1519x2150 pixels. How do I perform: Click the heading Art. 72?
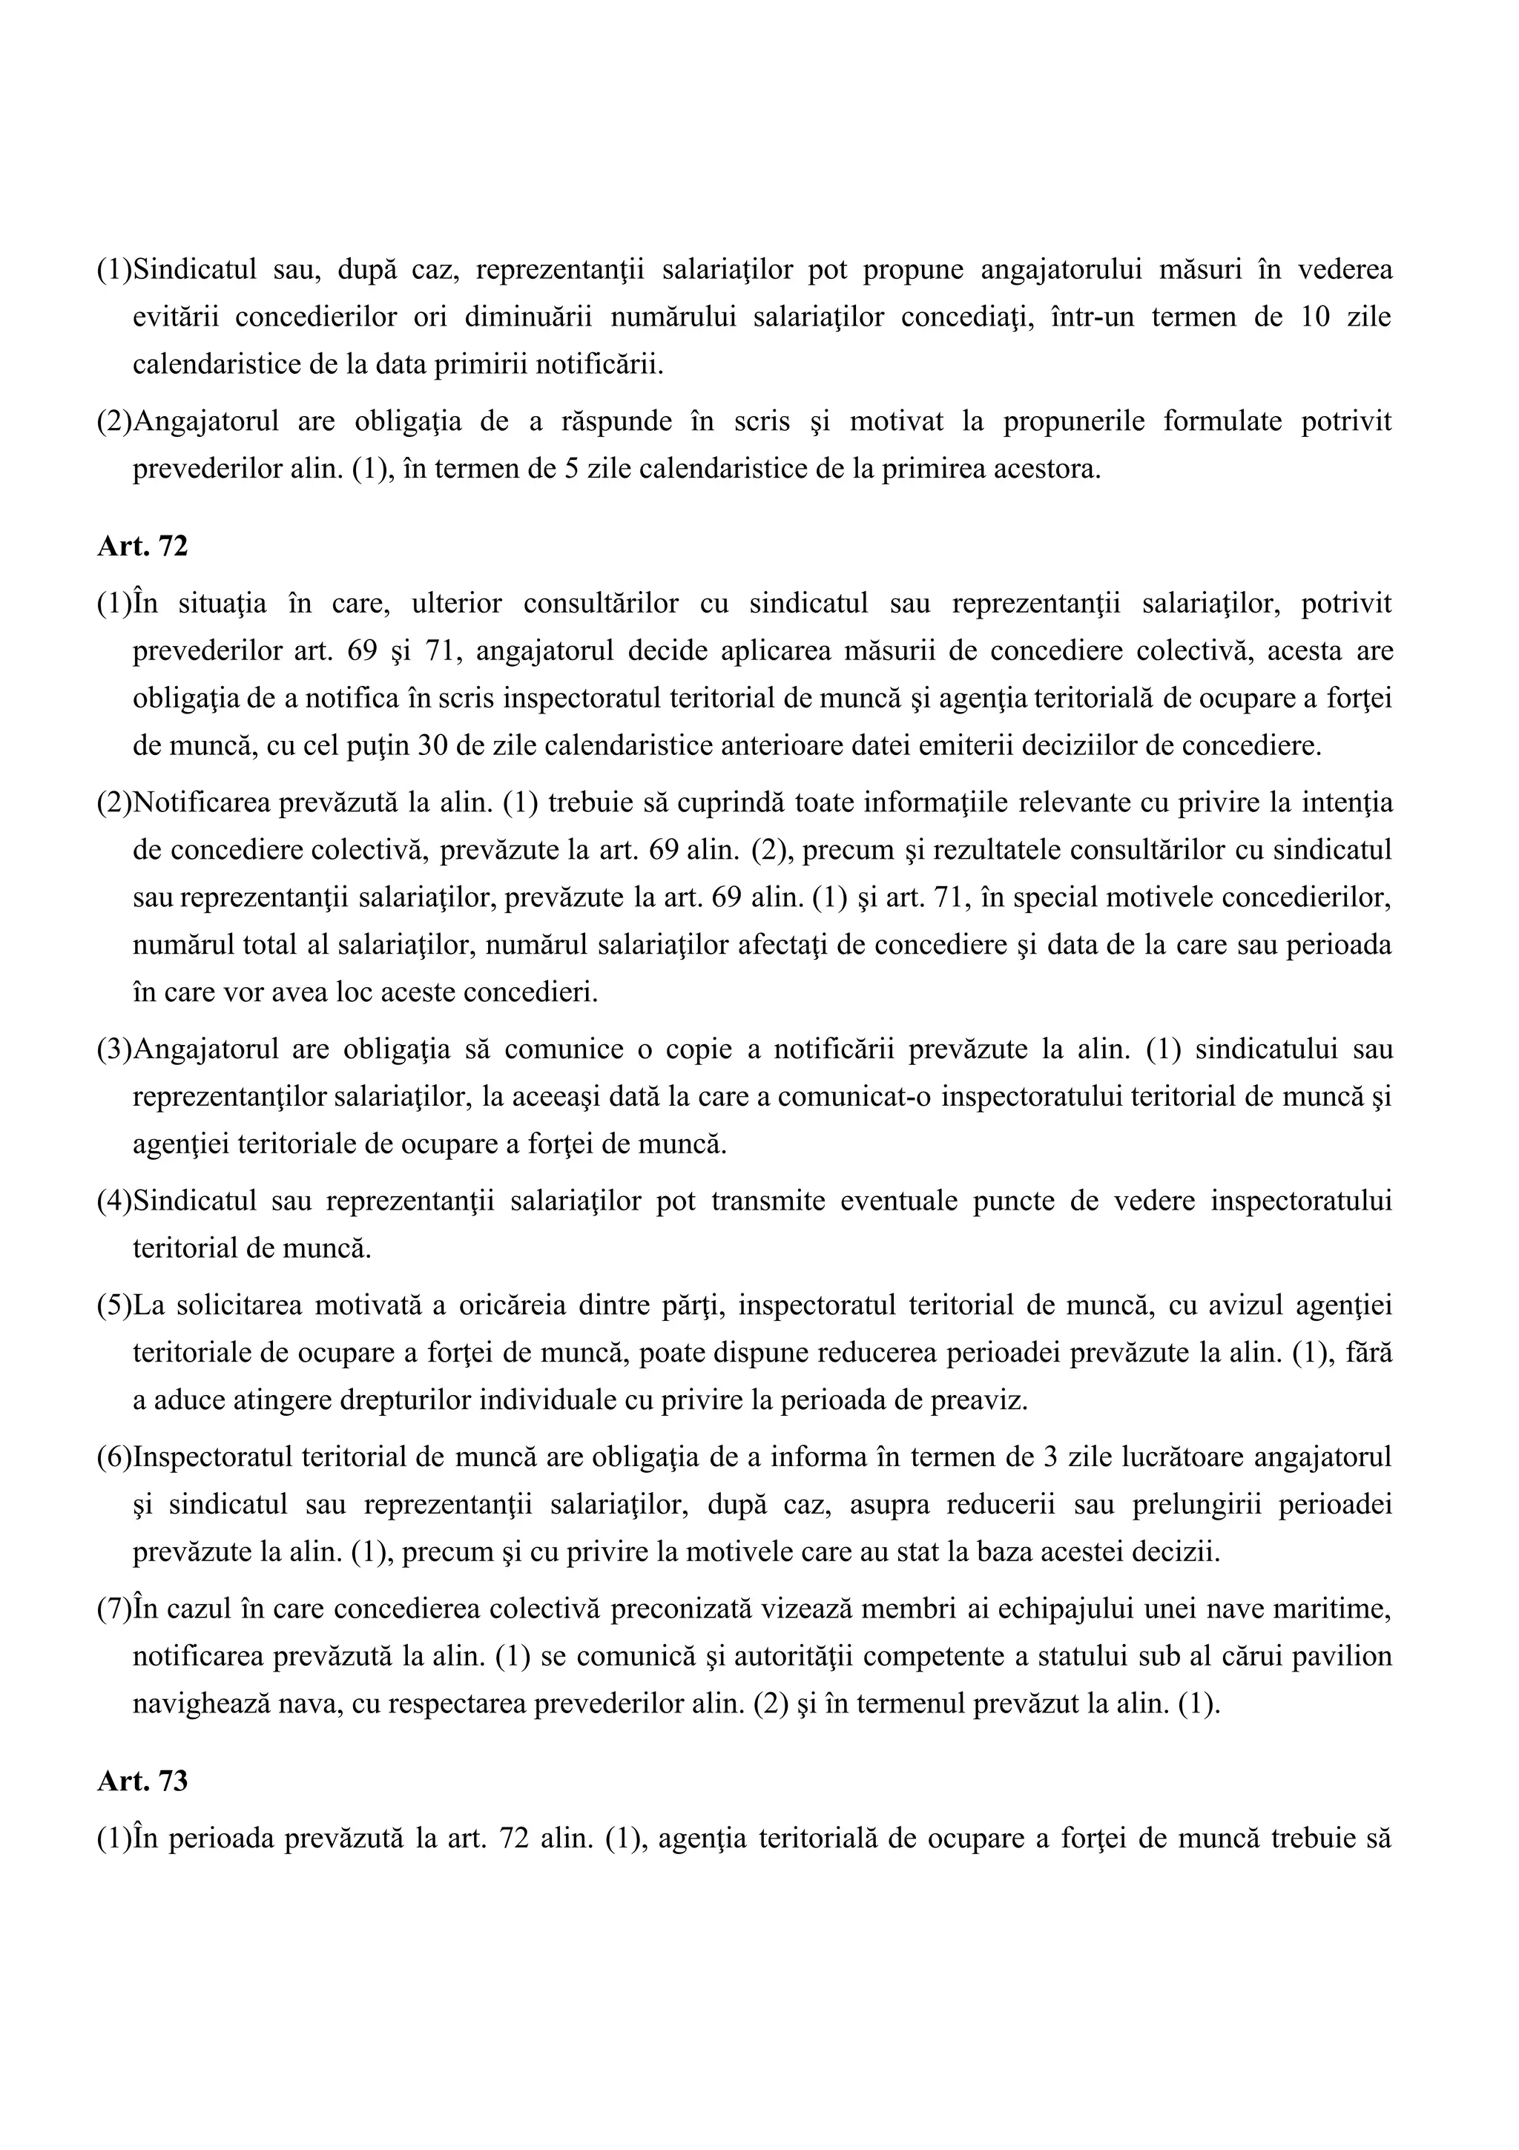[x=142, y=546]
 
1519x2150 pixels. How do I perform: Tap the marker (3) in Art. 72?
[x=114, y=1049]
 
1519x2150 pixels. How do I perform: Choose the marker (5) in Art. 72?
[x=114, y=1305]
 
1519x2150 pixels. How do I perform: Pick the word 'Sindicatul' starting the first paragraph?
[x=195, y=270]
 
